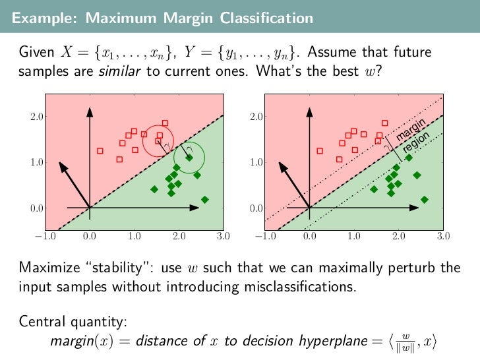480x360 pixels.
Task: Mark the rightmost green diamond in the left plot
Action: point(204,199)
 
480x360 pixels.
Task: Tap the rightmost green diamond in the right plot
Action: point(424,199)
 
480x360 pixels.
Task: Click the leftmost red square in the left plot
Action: point(100,150)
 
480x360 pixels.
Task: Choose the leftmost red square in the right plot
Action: point(320,150)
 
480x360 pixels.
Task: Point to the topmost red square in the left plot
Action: point(165,123)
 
